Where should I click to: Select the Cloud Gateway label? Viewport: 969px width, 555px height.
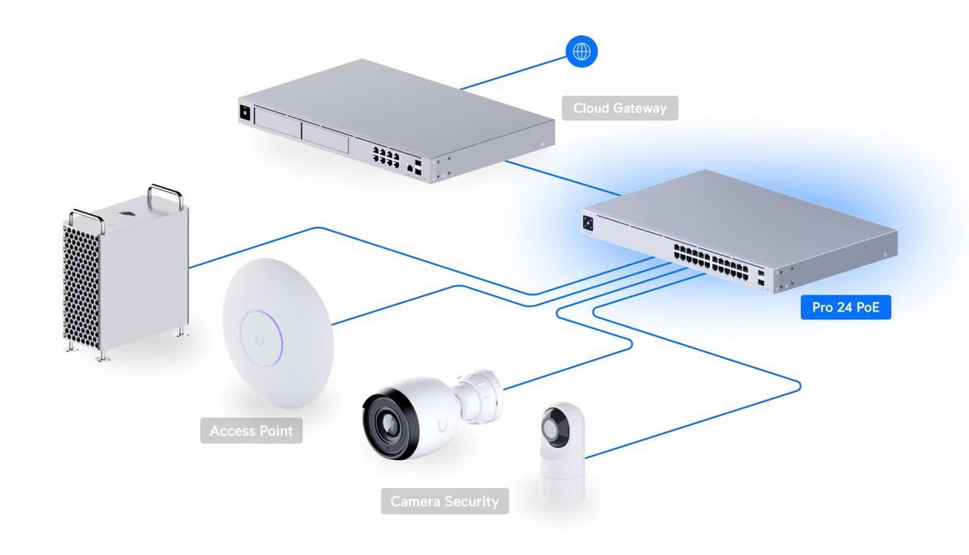[x=620, y=107]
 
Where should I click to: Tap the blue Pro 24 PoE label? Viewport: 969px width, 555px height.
[x=845, y=307]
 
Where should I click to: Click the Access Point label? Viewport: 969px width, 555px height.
[x=251, y=431]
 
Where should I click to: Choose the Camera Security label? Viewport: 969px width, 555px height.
[x=445, y=501]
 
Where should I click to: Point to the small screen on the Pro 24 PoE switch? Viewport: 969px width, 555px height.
[x=588, y=220]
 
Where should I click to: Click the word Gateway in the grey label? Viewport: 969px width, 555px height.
[x=640, y=107]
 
